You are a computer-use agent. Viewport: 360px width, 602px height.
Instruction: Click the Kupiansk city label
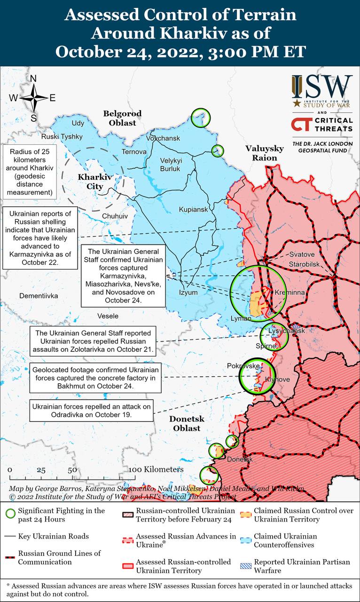point(193,209)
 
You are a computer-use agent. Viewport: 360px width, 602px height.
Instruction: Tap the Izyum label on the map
point(188,292)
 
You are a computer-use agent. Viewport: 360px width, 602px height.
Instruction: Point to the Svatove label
point(302,254)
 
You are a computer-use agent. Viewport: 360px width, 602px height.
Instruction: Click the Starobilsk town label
point(305,264)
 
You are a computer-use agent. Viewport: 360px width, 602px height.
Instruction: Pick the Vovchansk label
point(163,138)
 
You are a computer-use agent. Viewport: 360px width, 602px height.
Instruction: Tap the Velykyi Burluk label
point(171,165)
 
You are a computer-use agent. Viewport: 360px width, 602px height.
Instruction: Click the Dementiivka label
point(39,296)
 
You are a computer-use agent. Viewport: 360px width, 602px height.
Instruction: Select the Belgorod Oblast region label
point(122,118)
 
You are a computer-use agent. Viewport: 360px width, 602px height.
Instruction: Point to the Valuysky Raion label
point(265,153)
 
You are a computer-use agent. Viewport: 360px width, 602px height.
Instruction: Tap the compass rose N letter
point(33,79)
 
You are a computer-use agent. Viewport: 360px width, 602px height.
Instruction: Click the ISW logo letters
point(322,87)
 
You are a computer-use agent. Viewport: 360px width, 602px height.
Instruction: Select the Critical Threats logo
point(322,125)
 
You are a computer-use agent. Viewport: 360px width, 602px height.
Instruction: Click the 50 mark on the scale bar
point(72,470)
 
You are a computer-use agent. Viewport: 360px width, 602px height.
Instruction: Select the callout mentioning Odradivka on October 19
point(92,411)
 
